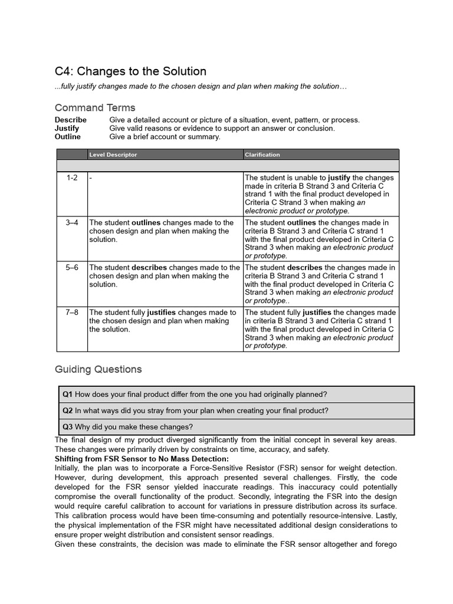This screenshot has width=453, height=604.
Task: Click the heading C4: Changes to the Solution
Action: [130, 71]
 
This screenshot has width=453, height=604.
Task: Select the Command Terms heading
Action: [95, 107]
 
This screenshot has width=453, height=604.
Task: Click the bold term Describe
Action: [71, 120]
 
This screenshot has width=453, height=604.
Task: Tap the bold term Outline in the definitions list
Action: [68, 136]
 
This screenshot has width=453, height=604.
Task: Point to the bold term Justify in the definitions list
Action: [67, 128]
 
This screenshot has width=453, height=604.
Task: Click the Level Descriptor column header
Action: [113, 155]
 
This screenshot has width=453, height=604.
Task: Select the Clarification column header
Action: [262, 155]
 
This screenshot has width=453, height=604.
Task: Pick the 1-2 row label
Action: [71, 178]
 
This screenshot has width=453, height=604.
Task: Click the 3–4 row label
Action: [71, 222]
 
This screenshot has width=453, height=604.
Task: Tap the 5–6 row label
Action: [71, 267]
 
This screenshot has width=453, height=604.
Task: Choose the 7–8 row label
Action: [71, 312]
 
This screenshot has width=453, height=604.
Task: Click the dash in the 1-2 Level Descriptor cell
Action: [91, 178]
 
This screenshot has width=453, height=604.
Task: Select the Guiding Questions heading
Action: [98, 369]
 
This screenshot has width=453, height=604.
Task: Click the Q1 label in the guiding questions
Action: [68, 394]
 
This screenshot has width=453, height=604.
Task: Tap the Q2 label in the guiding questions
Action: [68, 411]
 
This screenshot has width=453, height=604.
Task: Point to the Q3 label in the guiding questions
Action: [68, 427]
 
